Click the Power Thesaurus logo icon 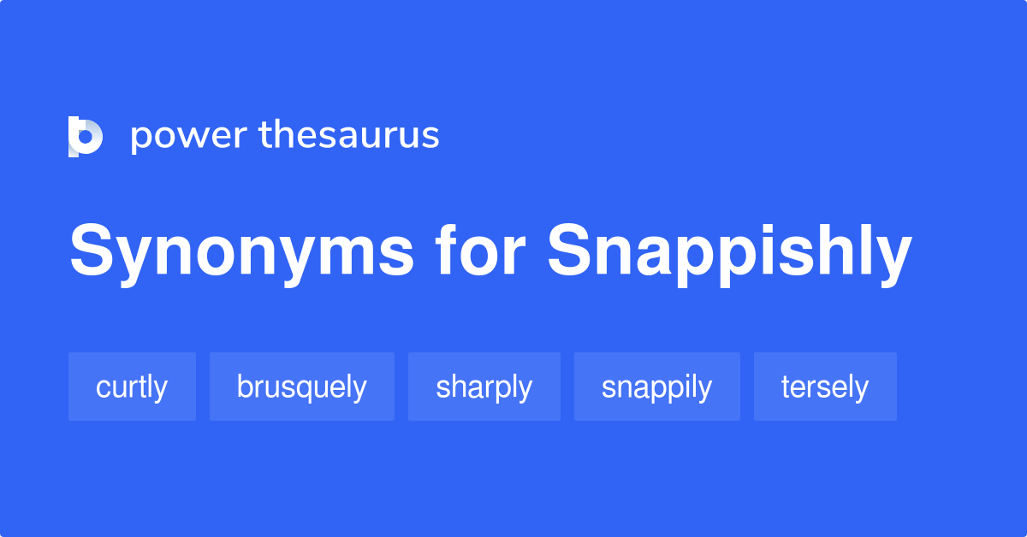pos(85,137)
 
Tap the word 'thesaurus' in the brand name pos(349,136)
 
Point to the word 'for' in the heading pos(479,252)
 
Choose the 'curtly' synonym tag pos(132,387)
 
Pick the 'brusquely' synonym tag pos(301,387)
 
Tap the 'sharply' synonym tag pos(484,387)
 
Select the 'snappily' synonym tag pos(656,387)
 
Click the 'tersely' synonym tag pos(825,387)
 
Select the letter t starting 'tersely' pos(785,387)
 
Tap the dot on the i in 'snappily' pos(691,375)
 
